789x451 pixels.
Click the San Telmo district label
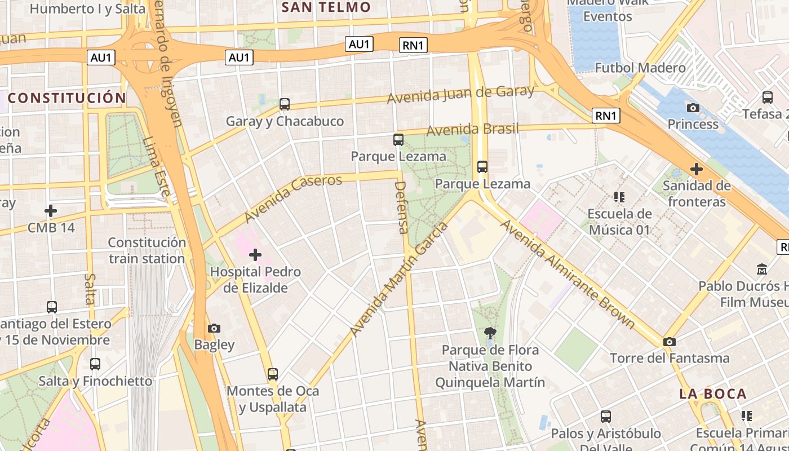pos(326,7)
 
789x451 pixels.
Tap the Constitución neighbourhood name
pos(67,98)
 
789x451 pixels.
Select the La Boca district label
pos(713,394)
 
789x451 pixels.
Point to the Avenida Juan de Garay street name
pos(460,95)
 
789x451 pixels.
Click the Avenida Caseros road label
pos(293,198)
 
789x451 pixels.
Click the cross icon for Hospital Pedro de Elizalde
pos(255,255)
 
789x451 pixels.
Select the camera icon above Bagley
pos(214,328)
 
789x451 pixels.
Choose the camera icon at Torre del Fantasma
pos(670,342)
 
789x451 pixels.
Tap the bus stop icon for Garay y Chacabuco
pos(285,104)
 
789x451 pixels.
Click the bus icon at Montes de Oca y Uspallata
pos(273,374)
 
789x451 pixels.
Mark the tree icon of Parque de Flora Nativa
pos(490,334)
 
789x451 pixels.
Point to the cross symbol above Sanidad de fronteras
pos(697,169)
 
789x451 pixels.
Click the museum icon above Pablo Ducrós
pos(762,269)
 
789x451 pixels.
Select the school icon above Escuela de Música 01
pos(619,197)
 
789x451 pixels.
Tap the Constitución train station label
pos(147,251)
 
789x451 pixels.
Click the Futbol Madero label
pos(640,68)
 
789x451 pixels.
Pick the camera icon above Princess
pos(693,108)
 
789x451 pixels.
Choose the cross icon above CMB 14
pos(51,211)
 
